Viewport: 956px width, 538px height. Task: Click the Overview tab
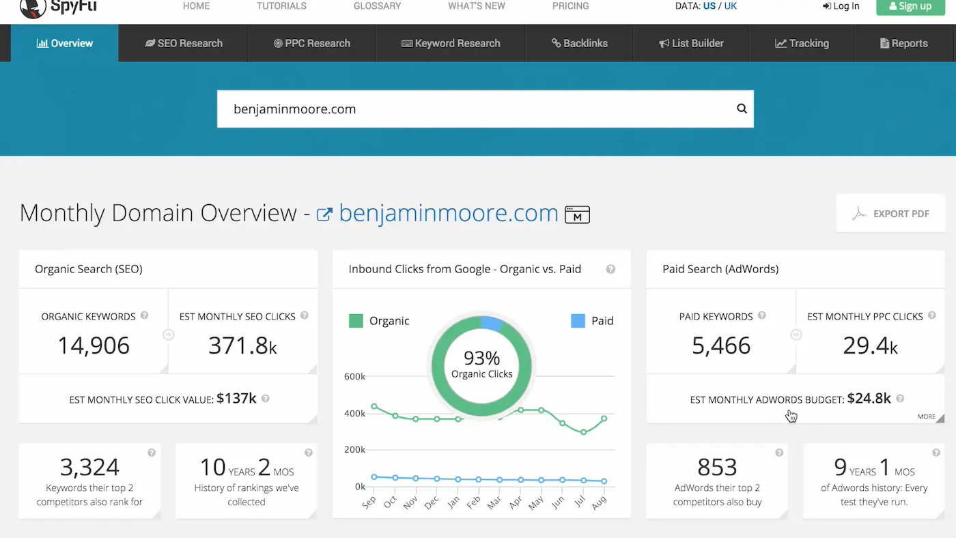coord(65,43)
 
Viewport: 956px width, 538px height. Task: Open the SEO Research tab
coord(184,43)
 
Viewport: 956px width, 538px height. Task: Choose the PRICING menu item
coord(570,6)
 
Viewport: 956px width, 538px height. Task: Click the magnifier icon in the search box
coord(742,109)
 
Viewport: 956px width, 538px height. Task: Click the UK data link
coord(730,6)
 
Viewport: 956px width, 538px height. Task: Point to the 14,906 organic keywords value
coord(94,345)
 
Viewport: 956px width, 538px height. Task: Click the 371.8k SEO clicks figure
coord(242,345)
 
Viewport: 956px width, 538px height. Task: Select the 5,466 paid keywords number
coord(721,345)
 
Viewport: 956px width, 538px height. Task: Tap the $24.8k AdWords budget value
coord(869,398)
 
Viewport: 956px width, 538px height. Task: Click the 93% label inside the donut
coord(481,358)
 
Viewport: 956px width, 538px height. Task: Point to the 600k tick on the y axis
coord(354,377)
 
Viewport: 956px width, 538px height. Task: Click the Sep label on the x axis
coord(369,502)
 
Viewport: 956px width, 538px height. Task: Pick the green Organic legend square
coord(356,321)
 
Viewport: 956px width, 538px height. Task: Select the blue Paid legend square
coord(578,321)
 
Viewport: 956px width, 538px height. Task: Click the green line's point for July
coord(583,432)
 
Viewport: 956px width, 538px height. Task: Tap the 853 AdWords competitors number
coord(717,467)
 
